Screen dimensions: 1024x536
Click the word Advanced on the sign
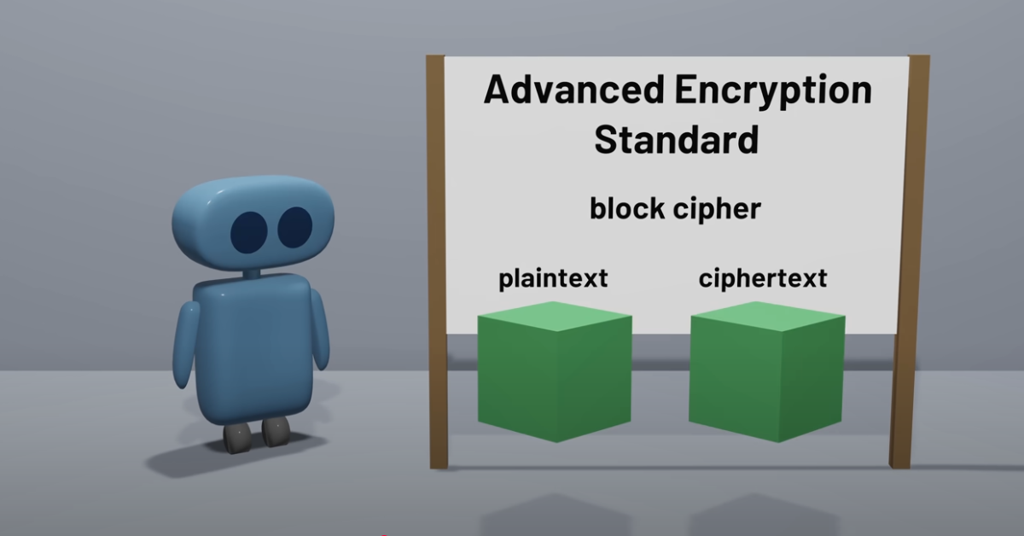pyautogui.click(x=574, y=89)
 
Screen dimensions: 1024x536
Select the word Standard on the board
pyautogui.click(x=677, y=139)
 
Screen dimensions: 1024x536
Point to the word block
pyautogui.click(x=627, y=208)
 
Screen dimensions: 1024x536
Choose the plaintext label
pyautogui.click(x=553, y=278)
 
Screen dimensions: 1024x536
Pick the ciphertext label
pyautogui.click(x=763, y=278)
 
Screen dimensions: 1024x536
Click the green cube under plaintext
pyautogui.click(x=555, y=372)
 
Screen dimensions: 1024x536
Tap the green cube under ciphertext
pyautogui.click(x=766, y=372)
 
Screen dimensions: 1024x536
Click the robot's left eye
pyautogui.click(x=248, y=232)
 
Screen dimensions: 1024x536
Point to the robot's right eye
pyautogui.click(x=295, y=227)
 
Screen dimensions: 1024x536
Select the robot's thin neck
pyautogui.click(x=252, y=274)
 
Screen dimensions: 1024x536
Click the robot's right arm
pyautogui.click(x=320, y=329)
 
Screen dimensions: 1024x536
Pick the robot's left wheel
pyautogui.click(x=237, y=439)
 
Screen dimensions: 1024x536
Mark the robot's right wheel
pyautogui.click(x=276, y=431)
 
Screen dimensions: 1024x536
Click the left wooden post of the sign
pyautogui.click(x=438, y=261)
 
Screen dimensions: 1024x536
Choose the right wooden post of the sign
pyautogui.click(x=910, y=261)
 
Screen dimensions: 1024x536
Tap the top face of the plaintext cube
pyautogui.click(x=555, y=316)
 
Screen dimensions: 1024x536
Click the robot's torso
pyautogui.click(x=253, y=348)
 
